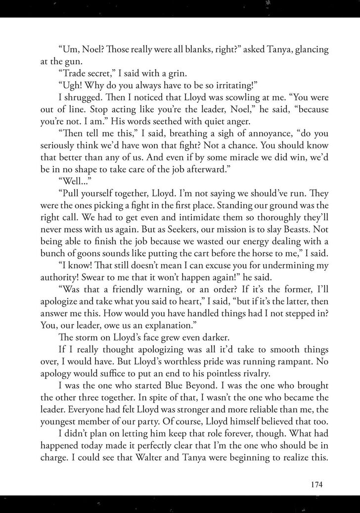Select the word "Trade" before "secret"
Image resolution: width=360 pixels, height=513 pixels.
coord(72,75)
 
